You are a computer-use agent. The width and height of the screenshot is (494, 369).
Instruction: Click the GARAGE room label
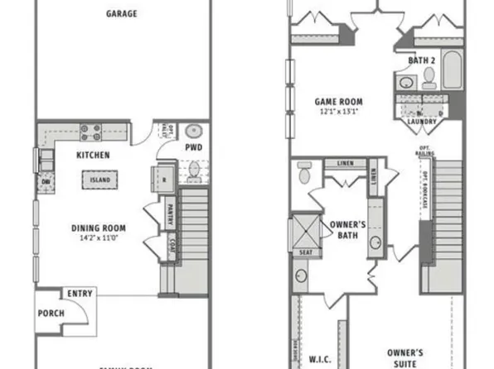[x=122, y=13]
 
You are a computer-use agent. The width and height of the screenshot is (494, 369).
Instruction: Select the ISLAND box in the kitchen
[x=99, y=180]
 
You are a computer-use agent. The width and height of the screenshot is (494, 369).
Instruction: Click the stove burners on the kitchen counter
[x=90, y=132]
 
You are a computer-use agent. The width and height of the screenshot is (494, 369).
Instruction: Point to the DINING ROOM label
[x=98, y=228]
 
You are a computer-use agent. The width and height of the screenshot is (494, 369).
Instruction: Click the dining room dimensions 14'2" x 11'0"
[x=98, y=237]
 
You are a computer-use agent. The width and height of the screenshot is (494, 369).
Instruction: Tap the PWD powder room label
[x=194, y=148]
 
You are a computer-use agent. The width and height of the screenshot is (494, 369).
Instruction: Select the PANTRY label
[x=170, y=214]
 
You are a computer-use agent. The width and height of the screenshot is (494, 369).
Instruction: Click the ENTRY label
[x=80, y=293]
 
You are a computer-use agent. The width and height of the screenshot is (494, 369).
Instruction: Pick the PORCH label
[x=51, y=314]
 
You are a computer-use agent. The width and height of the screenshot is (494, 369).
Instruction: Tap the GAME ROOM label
[x=338, y=102]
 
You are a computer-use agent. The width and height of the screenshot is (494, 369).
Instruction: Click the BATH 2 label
[x=421, y=60]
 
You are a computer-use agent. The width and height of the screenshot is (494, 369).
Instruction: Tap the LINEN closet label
[x=343, y=163]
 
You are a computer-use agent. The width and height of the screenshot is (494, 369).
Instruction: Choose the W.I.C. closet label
[x=320, y=359]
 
